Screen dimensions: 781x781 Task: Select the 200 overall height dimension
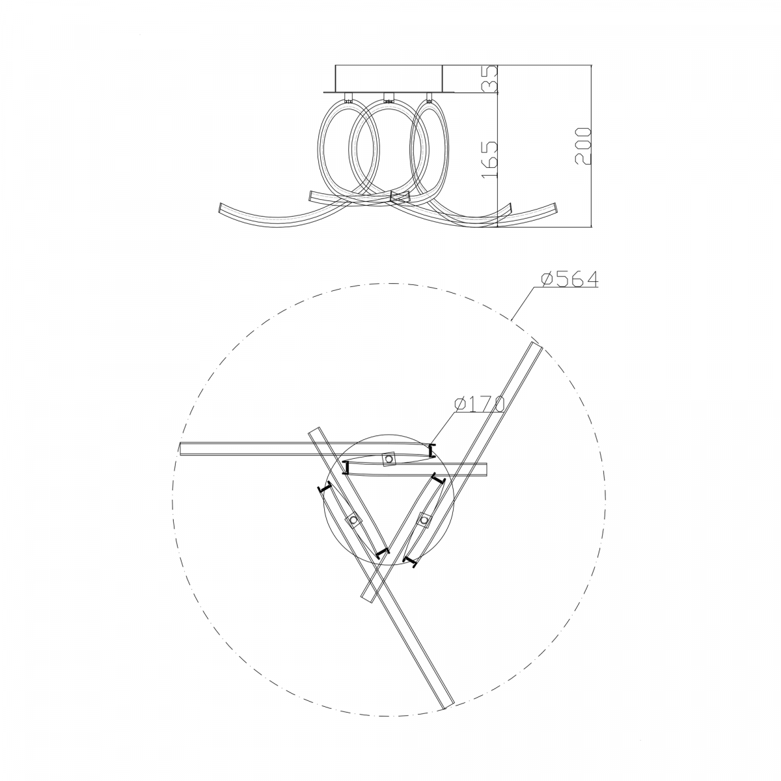[x=583, y=146]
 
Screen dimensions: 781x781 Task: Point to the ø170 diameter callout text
[x=479, y=404]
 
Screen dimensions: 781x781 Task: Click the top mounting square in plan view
[x=389, y=459]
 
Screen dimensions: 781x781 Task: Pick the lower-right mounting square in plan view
[x=424, y=519]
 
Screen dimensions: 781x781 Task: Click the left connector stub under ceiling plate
[x=349, y=98]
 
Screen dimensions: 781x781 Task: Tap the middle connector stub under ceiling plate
[x=389, y=98]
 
